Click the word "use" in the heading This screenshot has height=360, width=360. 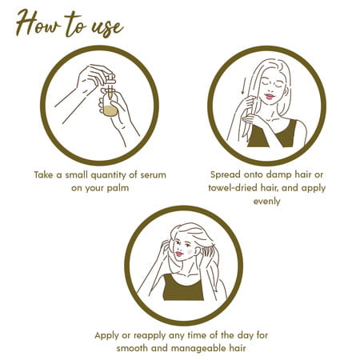(x=107, y=26)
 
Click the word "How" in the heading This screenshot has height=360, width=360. (x=38, y=22)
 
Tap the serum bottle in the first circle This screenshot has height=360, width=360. (x=110, y=102)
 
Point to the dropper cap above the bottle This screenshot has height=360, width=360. (x=110, y=79)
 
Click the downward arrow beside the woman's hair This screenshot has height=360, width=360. (x=242, y=86)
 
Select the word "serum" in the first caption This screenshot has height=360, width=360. (x=153, y=175)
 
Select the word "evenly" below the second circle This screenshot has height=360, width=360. (x=266, y=202)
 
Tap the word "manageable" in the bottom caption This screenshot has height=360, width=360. (x=198, y=349)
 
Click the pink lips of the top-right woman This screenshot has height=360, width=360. (x=270, y=97)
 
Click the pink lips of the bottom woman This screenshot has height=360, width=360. (x=179, y=254)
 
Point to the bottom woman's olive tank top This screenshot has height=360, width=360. (x=183, y=289)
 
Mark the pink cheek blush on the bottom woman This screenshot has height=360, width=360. (x=190, y=251)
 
